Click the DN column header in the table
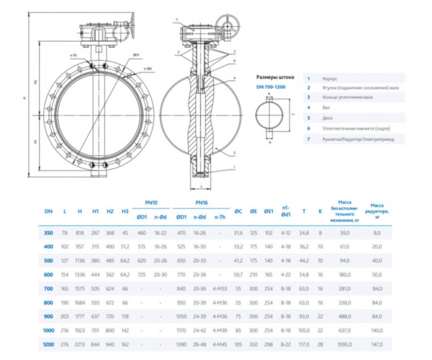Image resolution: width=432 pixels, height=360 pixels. [x=48, y=211]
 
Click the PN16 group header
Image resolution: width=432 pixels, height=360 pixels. [x=201, y=202]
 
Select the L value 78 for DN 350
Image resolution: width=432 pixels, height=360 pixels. [x=65, y=233]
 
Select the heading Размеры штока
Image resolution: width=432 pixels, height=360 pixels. [x=275, y=77]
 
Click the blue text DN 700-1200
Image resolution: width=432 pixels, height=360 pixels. [x=272, y=87]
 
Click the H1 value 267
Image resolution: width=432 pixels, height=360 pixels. [x=95, y=233]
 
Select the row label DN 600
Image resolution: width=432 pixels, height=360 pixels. [x=48, y=274]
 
